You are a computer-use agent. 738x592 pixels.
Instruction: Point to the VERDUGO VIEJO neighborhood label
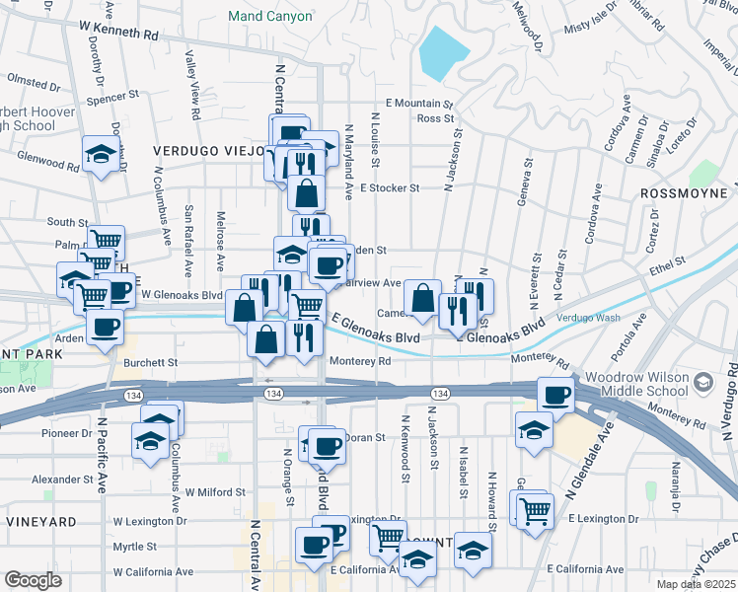click(208, 151)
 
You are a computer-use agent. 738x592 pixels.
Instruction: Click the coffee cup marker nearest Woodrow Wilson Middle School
click(555, 395)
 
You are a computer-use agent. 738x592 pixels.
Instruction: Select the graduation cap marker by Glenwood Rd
click(101, 154)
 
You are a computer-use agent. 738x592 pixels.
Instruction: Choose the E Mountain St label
click(418, 103)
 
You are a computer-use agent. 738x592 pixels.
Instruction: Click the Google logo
click(33, 580)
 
